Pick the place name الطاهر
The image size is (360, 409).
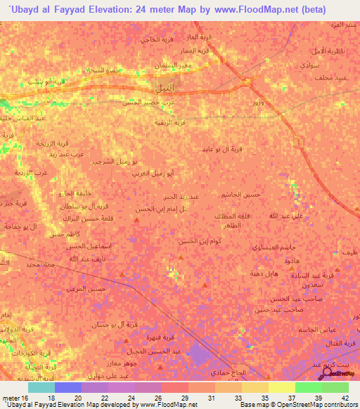(232, 226)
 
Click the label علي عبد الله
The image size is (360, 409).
(287, 215)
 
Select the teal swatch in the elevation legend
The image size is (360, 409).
(41, 387)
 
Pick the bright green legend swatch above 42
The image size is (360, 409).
(335, 387)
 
